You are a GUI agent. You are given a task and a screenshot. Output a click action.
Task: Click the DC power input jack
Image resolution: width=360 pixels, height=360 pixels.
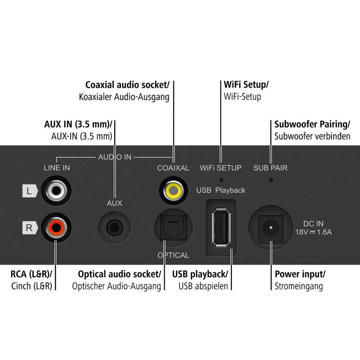[x=271, y=228]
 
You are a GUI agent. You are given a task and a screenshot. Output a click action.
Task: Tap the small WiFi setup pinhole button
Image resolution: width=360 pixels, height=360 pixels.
[x=221, y=179]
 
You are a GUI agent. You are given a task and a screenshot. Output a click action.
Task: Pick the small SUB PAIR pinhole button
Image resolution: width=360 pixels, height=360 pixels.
[x=270, y=179]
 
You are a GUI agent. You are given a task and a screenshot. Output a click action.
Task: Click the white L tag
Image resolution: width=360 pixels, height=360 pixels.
[x=29, y=191]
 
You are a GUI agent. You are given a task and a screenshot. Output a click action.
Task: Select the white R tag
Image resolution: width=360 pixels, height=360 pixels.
[x=29, y=227]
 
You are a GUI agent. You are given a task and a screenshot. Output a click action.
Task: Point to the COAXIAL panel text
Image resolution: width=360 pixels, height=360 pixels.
[x=173, y=168]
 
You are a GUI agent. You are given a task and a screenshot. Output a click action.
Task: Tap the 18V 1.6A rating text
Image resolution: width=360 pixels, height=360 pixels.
[x=314, y=232]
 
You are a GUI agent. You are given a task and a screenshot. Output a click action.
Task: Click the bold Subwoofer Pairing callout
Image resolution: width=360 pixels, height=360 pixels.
[x=309, y=124]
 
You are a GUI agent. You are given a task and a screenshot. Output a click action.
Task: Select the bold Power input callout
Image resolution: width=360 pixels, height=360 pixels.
[x=300, y=274]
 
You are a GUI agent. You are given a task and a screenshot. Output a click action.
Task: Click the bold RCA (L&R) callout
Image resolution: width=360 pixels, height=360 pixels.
[x=31, y=274]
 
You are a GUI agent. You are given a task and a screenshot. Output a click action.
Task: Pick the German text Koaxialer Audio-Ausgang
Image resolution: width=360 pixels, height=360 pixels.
[x=124, y=97]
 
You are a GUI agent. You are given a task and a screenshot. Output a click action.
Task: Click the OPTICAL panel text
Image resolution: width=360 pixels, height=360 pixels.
[x=173, y=255]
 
